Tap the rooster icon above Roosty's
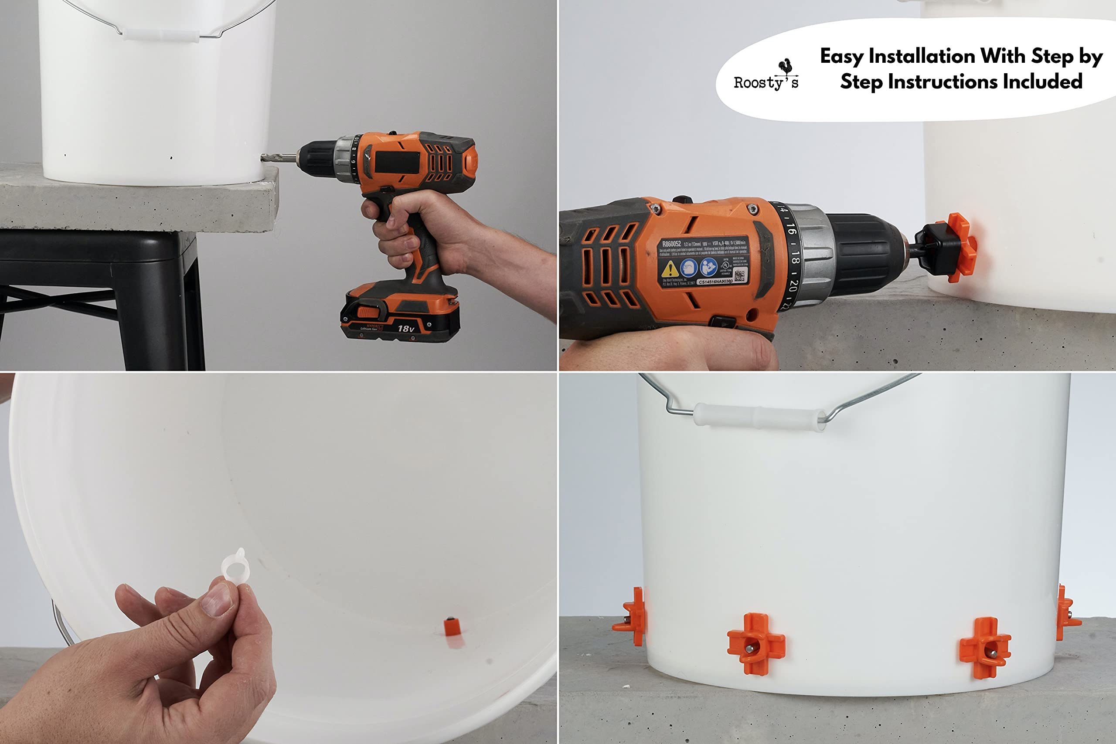click(x=786, y=68)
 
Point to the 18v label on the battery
click(x=406, y=328)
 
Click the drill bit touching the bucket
click(x=278, y=157)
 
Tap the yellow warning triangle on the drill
click(x=670, y=269)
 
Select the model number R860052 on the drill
click(x=671, y=244)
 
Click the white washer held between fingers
click(x=235, y=566)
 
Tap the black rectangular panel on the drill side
click(x=398, y=163)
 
